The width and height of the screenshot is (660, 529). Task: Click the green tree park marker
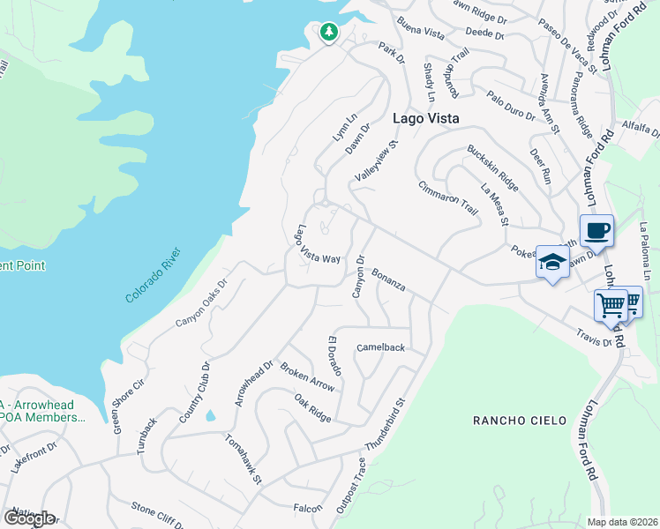[329, 33]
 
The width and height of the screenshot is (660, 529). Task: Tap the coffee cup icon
[596, 231]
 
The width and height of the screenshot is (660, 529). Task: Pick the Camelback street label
[380, 347]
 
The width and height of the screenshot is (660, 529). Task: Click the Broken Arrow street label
[307, 376]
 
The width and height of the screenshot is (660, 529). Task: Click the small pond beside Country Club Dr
[210, 414]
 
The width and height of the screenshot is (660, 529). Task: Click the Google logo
[28, 518]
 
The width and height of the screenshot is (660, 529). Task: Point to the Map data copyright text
[622, 522]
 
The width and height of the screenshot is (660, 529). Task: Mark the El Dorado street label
[335, 354]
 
